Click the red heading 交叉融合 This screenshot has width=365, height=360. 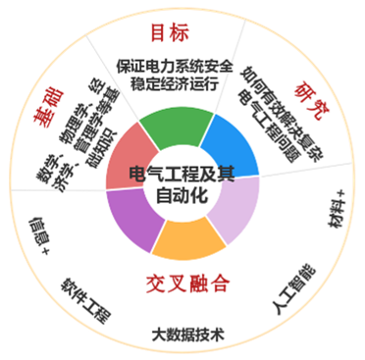(187, 284)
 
